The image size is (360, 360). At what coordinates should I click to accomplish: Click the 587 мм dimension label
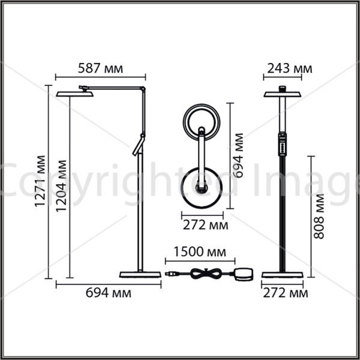(x=100, y=68)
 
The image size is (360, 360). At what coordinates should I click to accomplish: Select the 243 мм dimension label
(x=290, y=68)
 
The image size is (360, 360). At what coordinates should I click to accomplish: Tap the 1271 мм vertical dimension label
(x=40, y=181)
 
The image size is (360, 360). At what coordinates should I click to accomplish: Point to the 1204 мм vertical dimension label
(x=61, y=186)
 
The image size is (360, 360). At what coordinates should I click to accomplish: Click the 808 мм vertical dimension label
(x=319, y=217)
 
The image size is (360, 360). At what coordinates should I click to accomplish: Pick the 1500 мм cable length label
(x=200, y=251)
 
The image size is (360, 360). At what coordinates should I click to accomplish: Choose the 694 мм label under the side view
(x=109, y=293)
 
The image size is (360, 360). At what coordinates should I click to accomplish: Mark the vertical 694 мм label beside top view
(x=238, y=155)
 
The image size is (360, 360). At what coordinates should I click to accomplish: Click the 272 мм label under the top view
(x=205, y=225)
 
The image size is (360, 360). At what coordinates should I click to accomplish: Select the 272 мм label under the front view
(x=286, y=293)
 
